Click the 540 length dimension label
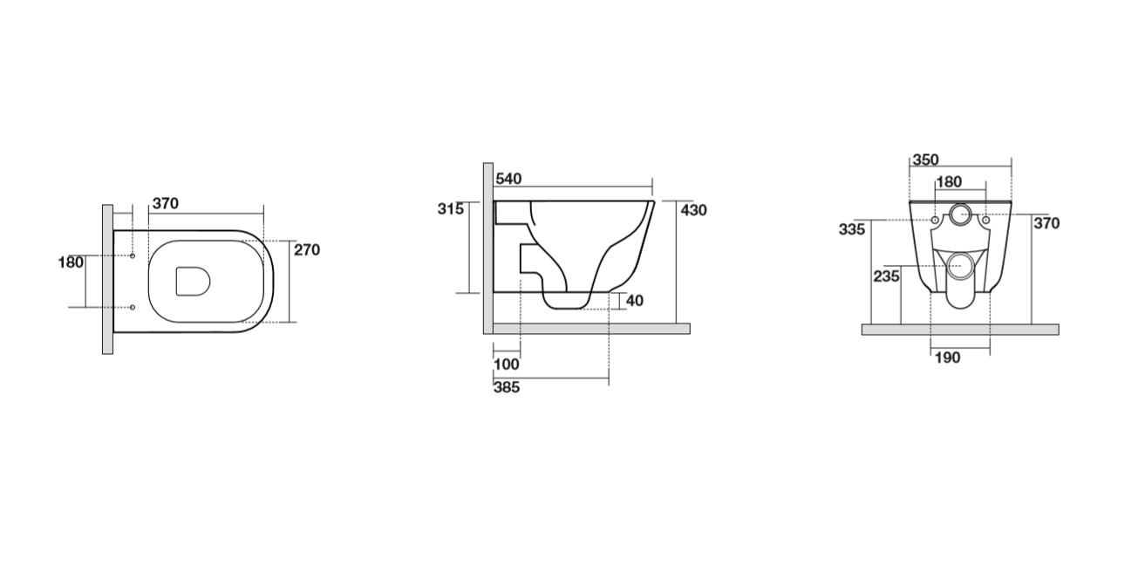click(x=508, y=179)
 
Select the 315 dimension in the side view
click(x=451, y=209)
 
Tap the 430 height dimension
click(x=693, y=210)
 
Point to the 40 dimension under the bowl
click(x=635, y=301)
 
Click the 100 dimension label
click(x=507, y=364)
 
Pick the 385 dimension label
click(x=507, y=387)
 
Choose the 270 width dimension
click(x=307, y=249)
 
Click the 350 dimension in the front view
click(x=925, y=160)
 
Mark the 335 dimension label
click(x=852, y=229)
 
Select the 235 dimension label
click(x=886, y=276)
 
